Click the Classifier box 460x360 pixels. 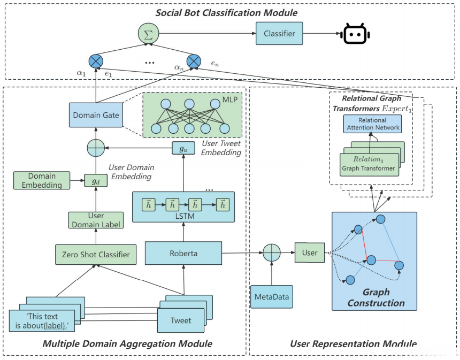[x=279, y=34]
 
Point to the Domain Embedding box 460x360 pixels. [x=42, y=180]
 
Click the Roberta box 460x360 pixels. [x=183, y=254]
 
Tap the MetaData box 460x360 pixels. [x=272, y=296]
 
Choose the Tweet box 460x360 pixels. [x=180, y=321]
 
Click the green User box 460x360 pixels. [x=310, y=252]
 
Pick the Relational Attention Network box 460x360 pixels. [x=372, y=124]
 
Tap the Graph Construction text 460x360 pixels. [x=376, y=297]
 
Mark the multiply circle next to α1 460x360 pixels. [x=95, y=62]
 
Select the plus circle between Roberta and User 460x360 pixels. [x=272, y=253]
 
